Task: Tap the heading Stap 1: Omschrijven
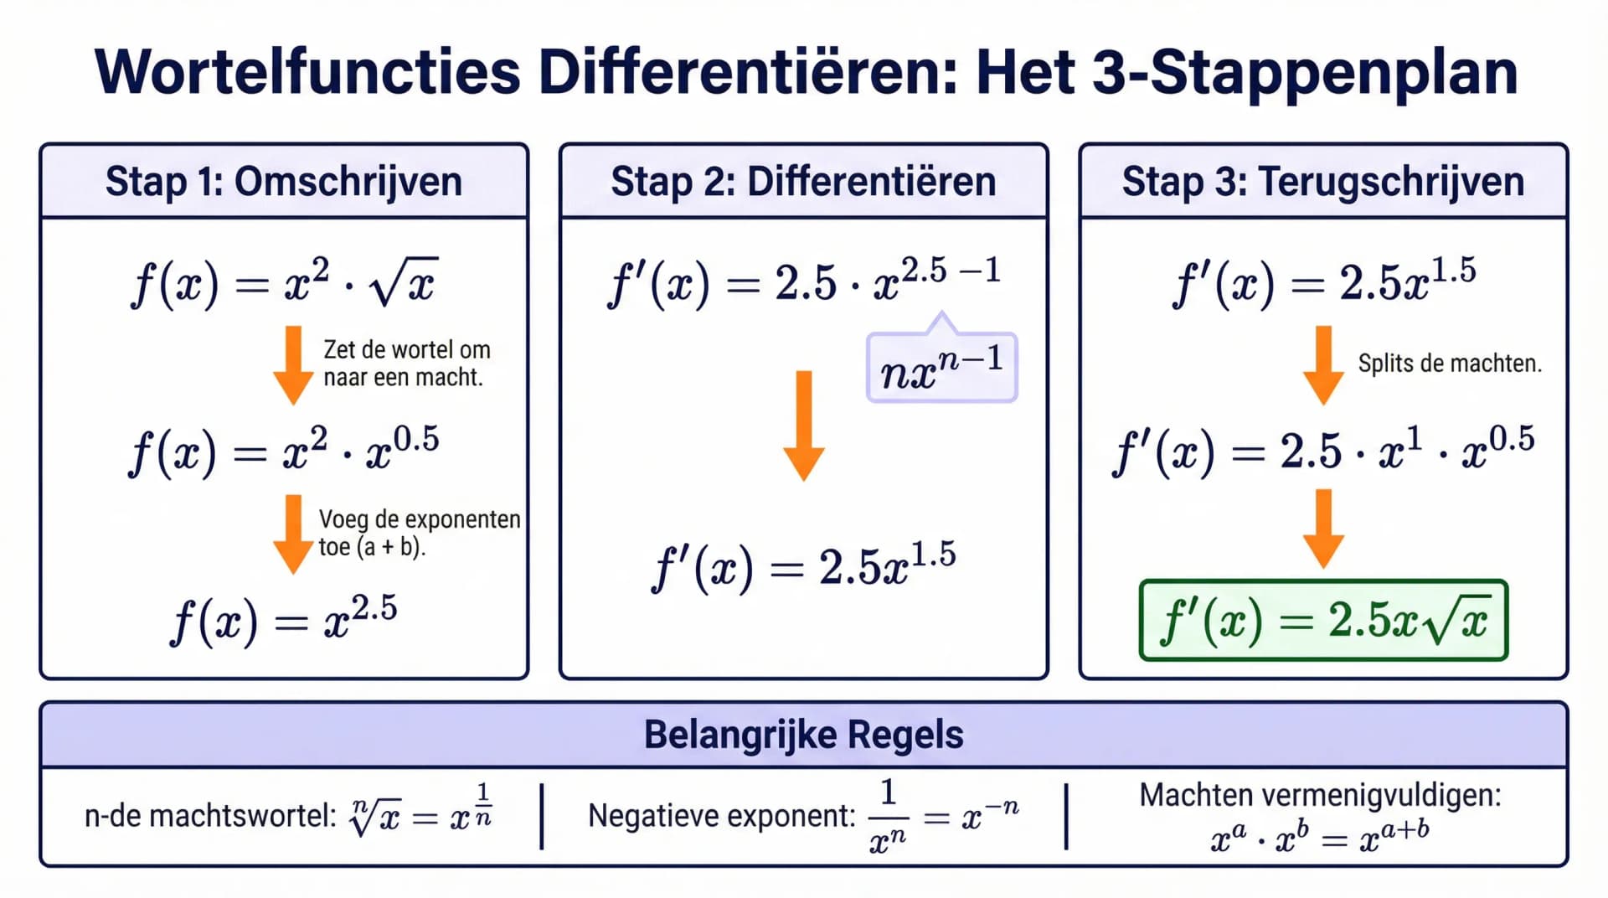pyautogui.click(x=284, y=182)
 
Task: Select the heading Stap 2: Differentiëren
pyautogui.click(x=803, y=182)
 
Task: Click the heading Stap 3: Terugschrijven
pyautogui.click(x=1322, y=182)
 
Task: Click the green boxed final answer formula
pyautogui.click(x=1323, y=621)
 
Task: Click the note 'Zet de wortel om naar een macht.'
pyautogui.click(x=406, y=364)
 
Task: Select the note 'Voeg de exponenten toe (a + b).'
pyautogui.click(x=419, y=533)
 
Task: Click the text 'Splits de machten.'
pyautogui.click(x=1449, y=364)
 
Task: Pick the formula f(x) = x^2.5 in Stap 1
pyautogui.click(x=284, y=621)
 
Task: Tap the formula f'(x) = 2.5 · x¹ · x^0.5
pyautogui.click(x=1323, y=452)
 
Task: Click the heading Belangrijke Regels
pyautogui.click(x=803, y=735)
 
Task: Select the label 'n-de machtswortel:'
pyautogui.click(x=210, y=815)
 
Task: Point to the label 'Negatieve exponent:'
pyautogui.click(x=722, y=815)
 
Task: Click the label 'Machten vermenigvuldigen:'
pyautogui.click(x=1321, y=795)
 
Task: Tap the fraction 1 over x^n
pyautogui.click(x=888, y=815)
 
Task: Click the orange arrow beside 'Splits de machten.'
pyautogui.click(x=1323, y=365)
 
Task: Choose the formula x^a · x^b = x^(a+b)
pyautogui.click(x=1321, y=835)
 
